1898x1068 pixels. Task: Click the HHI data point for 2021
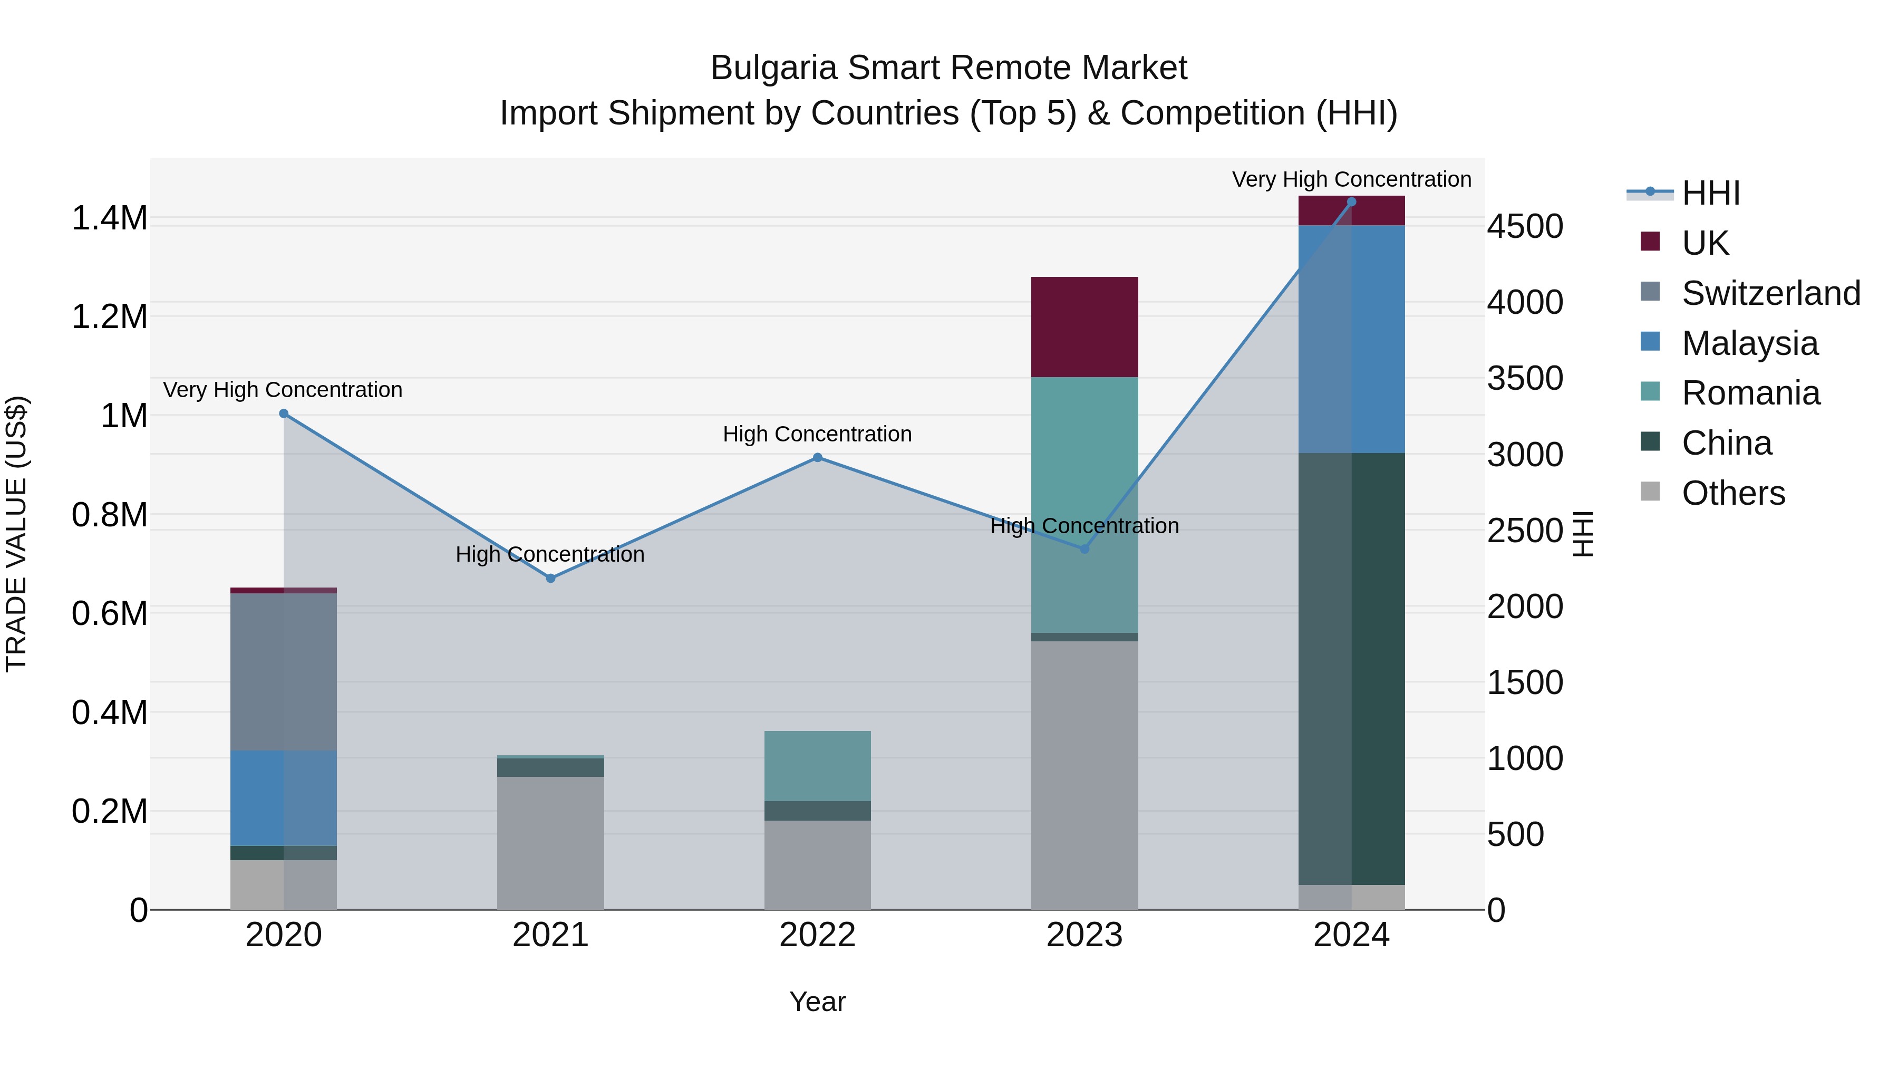pos(550,579)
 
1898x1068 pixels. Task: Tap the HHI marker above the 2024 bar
pos(1351,202)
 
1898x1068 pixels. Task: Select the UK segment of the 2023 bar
pos(1084,326)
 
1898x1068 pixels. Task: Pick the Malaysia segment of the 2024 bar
pos(1351,339)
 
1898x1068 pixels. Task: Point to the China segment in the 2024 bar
pos(1351,669)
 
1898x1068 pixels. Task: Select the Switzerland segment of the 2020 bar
pos(284,671)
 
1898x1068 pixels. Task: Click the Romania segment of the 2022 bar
pos(817,766)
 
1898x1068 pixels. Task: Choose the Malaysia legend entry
pos(1750,343)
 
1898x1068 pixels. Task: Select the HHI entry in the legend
pos(1710,193)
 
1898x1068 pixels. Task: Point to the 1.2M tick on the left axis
pos(109,317)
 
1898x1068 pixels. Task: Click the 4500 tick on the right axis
pos(1524,226)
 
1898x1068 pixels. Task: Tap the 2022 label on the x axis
pos(817,935)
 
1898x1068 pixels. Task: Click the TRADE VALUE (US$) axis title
pos(17,534)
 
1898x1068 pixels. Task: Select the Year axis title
pos(817,1002)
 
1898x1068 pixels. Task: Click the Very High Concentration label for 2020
pos(283,389)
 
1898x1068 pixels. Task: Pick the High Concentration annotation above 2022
pos(817,434)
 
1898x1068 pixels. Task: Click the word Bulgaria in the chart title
pos(773,68)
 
